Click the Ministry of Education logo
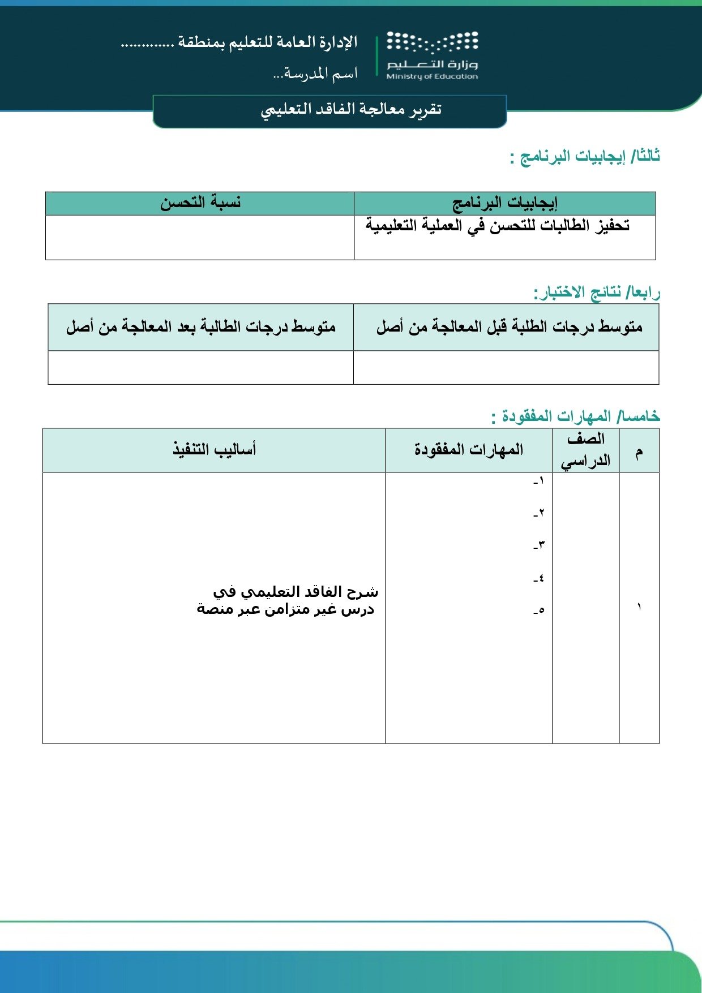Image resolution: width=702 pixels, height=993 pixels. point(432,55)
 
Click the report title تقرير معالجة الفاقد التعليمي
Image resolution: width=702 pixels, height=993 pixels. point(351,109)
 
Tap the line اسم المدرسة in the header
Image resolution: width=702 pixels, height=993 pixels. point(315,74)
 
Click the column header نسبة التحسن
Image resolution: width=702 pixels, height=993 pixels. point(200,203)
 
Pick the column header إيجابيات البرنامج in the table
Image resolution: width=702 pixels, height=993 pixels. point(504,203)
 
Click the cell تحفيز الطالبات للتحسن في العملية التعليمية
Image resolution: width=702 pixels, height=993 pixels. point(498,225)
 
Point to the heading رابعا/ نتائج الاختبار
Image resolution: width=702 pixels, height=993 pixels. point(597,293)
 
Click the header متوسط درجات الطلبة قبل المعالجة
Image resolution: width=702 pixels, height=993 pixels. point(509,327)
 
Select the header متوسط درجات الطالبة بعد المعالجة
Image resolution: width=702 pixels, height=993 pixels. point(201,327)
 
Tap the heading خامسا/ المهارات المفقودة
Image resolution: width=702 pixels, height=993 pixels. point(576,416)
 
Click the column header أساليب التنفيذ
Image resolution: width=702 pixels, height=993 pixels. point(215,450)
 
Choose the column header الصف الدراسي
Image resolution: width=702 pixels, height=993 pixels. point(586,450)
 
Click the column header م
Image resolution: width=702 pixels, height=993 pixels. point(639,452)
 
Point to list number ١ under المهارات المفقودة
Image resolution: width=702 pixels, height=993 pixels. point(538,481)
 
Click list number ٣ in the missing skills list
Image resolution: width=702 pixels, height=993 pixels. point(538,545)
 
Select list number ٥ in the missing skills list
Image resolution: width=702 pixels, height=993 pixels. point(538,611)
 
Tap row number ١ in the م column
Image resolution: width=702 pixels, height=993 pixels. point(639,607)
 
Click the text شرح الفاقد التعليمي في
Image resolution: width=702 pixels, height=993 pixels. point(296,592)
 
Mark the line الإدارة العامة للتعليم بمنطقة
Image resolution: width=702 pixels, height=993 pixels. point(239,42)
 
